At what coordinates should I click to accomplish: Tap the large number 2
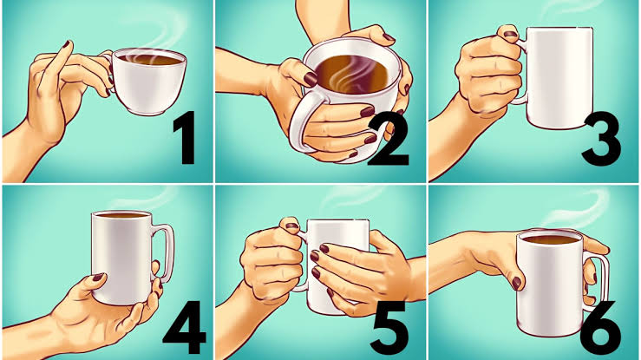(x=389, y=141)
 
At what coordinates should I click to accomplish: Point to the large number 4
(x=185, y=327)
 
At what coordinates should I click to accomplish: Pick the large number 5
(x=389, y=328)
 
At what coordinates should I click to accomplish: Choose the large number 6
(x=600, y=328)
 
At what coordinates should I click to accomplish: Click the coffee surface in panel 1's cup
(x=150, y=59)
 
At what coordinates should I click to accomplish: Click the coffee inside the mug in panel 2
(x=351, y=75)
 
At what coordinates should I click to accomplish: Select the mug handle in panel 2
(x=302, y=122)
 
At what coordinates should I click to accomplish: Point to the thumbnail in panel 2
(x=311, y=79)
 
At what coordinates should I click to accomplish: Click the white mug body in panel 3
(x=559, y=77)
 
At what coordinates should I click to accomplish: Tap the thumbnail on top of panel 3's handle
(x=511, y=34)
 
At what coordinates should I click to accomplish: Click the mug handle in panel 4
(x=165, y=252)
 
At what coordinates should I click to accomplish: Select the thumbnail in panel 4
(x=98, y=277)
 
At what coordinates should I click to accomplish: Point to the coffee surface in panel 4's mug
(x=121, y=214)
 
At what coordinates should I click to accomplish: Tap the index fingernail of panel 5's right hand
(x=324, y=248)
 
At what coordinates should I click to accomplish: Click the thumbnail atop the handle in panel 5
(x=292, y=226)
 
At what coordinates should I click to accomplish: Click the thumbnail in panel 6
(x=516, y=283)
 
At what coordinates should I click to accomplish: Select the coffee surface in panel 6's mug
(x=549, y=239)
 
